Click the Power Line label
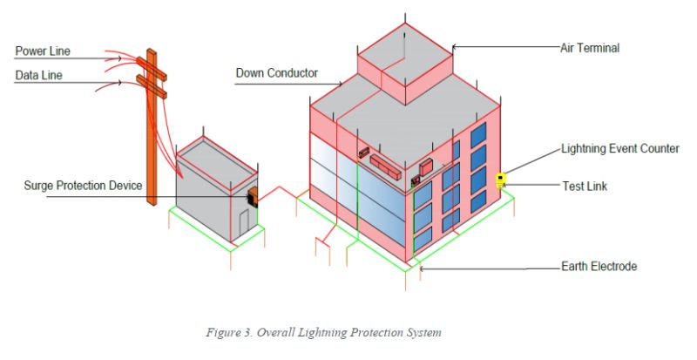click(42, 51)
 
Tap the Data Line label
click(38, 76)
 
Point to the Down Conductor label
click(276, 73)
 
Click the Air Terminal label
click(589, 48)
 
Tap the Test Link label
click(585, 186)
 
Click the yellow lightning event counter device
click(500, 180)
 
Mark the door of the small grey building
click(245, 223)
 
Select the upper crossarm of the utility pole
click(151, 63)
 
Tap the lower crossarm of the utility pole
click(151, 85)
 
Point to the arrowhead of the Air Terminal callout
click(455, 48)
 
